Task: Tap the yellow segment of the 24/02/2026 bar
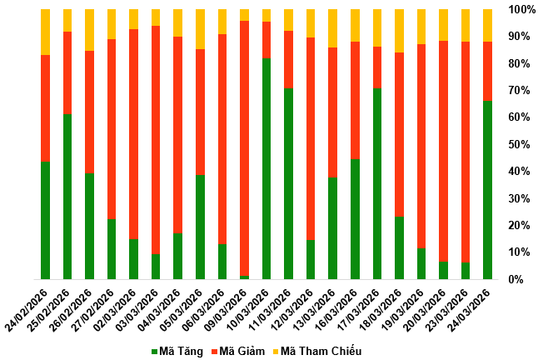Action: pos(46,32)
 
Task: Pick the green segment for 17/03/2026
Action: pos(377,183)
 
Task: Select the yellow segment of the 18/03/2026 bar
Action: pos(399,31)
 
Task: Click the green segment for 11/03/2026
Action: pos(288,183)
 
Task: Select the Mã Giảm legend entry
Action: pos(242,351)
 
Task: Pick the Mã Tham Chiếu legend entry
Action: pos(320,351)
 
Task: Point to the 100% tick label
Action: pos(521,9)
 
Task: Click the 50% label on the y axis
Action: pos(524,144)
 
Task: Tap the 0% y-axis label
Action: pos(526,279)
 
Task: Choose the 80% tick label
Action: pos(524,63)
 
